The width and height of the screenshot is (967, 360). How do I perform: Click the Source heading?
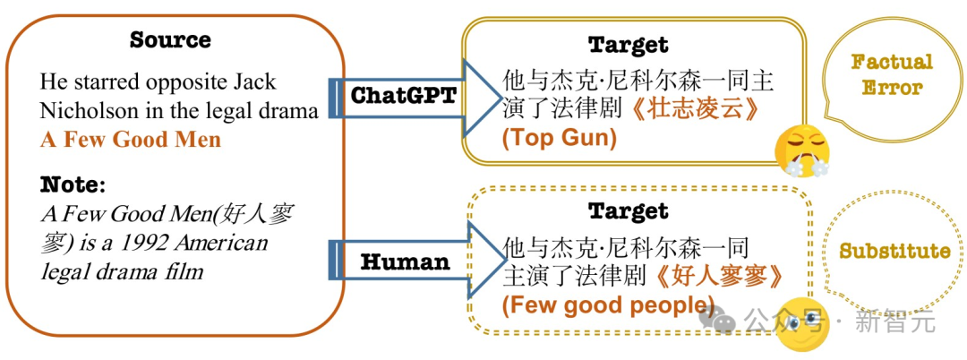(x=170, y=40)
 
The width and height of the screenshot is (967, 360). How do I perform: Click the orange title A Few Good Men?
(x=130, y=140)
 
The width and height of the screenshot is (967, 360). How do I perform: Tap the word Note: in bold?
(x=73, y=185)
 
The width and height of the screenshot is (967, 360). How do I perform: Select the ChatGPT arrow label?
(x=403, y=96)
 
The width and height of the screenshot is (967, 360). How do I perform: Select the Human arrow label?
(x=405, y=262)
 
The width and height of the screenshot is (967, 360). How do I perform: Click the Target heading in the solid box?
(x=628, y=45)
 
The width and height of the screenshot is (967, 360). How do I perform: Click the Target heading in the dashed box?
(x=628, y=211)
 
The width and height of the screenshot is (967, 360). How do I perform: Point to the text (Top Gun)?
(x=559, y=138)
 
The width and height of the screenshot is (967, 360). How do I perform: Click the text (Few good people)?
(x=608, y=304)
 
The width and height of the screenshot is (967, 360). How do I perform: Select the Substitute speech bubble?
(x=894, y=251)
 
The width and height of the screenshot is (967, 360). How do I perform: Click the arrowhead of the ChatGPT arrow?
(x=480, y=98)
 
